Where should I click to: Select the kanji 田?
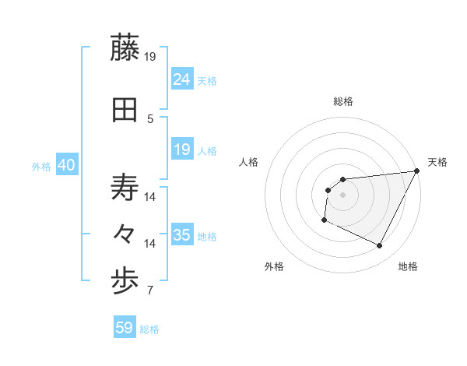click(125, 111)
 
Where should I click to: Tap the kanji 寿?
click(125, 188)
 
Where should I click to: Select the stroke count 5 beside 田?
click(150, 119)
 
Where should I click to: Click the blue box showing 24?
click(182, 79)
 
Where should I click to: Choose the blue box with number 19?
click(182, 150)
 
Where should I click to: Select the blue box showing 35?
click(182, 235)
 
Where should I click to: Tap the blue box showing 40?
click(67, 166)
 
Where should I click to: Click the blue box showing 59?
click(125, 328)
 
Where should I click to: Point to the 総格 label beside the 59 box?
click(150, 329)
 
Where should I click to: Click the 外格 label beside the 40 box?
click(41, 167)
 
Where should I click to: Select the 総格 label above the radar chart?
click(343, 101)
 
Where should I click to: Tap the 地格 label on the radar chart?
click(408, 266)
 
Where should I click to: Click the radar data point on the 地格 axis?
click(379, 246)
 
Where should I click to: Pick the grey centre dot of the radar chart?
click(342, 195)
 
